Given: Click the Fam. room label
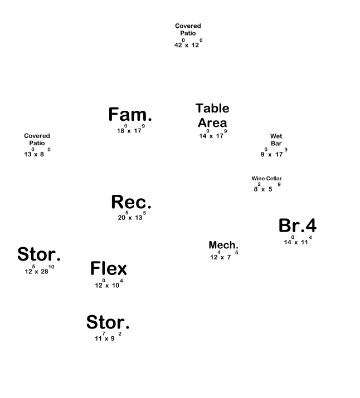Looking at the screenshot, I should point(130,115).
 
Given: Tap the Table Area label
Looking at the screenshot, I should point(212,115).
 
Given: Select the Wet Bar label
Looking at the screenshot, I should point(276,140).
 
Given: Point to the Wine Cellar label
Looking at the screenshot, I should point(266,179).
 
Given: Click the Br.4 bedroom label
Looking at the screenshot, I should point(298,225).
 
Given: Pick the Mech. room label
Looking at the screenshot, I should point(223,245).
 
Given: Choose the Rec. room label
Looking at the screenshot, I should point(131,202).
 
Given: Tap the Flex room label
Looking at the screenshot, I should point(109,269).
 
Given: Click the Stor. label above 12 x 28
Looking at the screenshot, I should point(39,255).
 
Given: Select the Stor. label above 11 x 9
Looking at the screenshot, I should point(108,322).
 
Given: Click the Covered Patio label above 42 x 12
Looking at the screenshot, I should point(188,30).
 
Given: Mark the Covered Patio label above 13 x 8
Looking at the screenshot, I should point(37,140).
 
